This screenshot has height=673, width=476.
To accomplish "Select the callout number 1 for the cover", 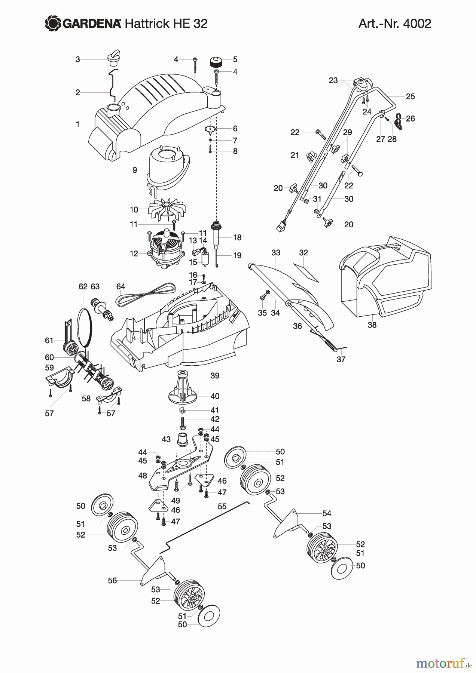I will click(x=78, y=124).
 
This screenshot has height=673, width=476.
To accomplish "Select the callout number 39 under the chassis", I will click(x=215, y=375).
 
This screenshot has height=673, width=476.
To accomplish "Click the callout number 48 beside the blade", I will click(x=143, y=476).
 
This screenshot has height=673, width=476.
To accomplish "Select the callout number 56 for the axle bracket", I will click(x=112, y=580).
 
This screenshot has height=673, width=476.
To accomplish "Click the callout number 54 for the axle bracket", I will click(x=327, y=513).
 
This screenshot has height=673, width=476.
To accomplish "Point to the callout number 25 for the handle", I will click(x=410, y=96).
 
